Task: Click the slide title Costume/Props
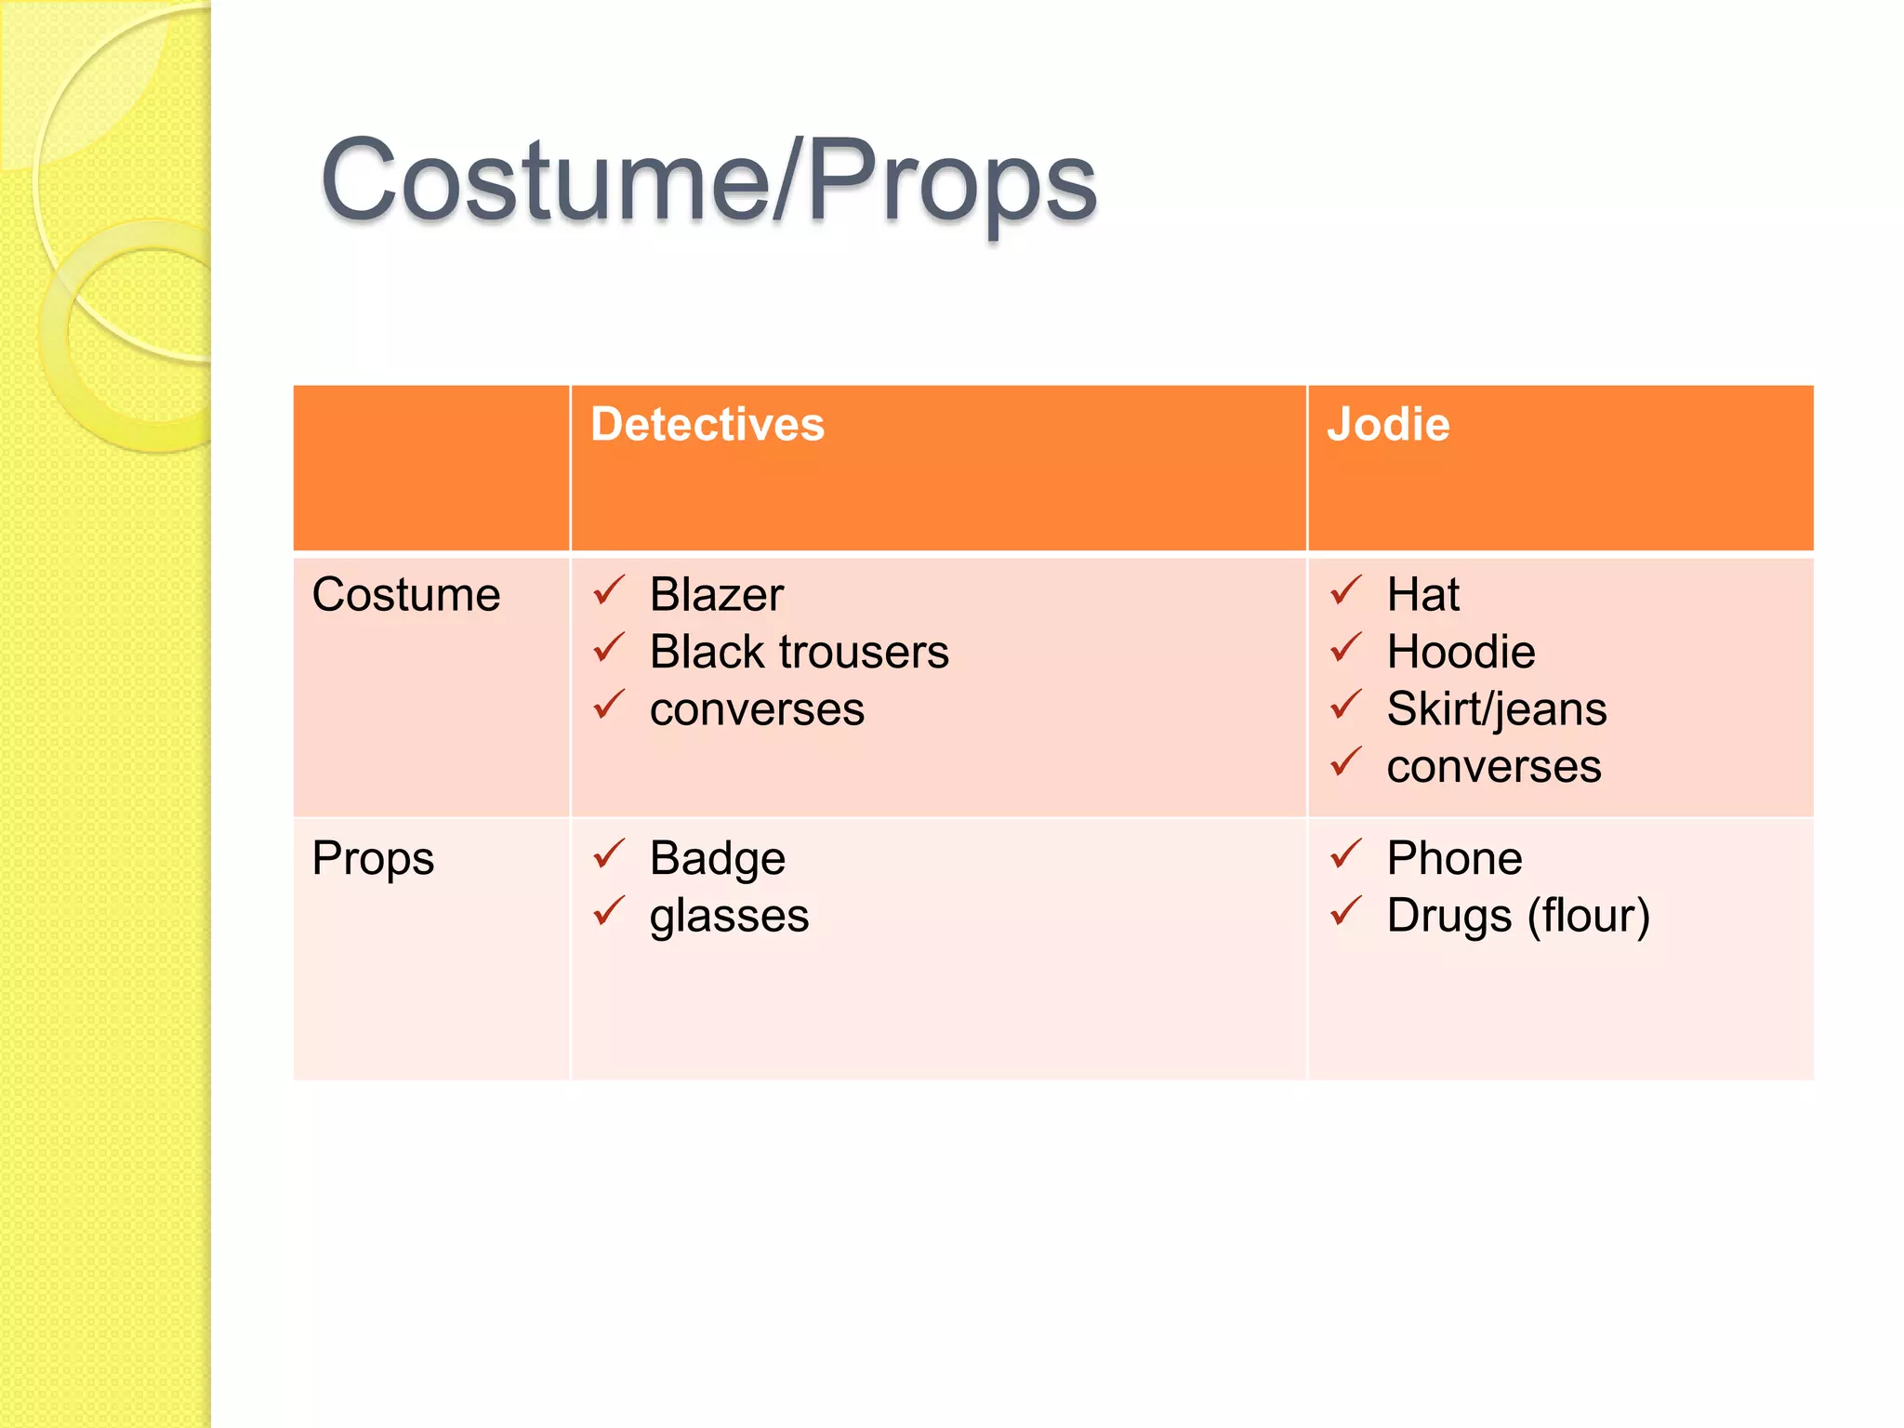(x=708, y=181)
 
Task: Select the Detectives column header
(x=707, y=425)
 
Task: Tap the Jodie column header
(x=1388, y=425)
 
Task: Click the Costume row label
(x=406, y=595)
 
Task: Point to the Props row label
(x=373, y=858)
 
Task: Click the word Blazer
(x=717, y=595)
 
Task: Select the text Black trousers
(x=800, y=652)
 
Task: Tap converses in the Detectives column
(x=757, y=709)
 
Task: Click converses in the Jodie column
(x=1494, y=767)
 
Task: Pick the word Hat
(x=1422, y=595)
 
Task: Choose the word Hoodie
(x=1461, y=652)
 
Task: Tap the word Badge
(x=718, y=858)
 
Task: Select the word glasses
(x=729, y=916)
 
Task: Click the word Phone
(x=1454, y=858)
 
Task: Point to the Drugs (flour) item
(x=1518, y=916)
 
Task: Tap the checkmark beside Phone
(x=1345, y=853)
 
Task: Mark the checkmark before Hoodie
(x=1345, y=647)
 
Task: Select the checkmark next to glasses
(x=609, y=911)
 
